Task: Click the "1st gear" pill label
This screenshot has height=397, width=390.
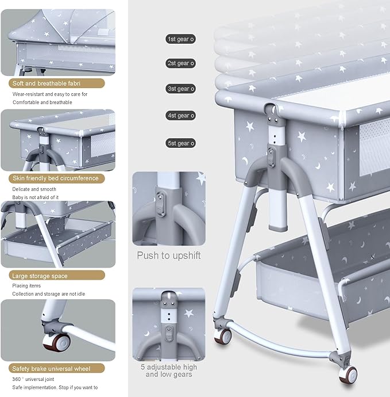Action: tap(180, 39)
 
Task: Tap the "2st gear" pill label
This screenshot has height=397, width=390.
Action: tap(180, 63)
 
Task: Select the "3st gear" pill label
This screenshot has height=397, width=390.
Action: tap(180, 89)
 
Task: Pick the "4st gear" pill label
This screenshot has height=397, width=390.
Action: tap(180, 116)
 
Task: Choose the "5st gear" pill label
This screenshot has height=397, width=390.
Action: tap(180, 143)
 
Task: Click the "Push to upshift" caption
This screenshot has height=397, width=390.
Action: tap(169, 255)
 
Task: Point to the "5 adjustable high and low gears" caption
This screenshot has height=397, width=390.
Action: tap(169, 371)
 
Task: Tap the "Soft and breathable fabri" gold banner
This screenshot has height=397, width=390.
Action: tap(57, 83)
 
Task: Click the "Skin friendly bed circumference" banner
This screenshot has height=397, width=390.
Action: tap(57, 178)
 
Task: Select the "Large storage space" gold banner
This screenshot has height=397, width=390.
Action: tap(57, 275)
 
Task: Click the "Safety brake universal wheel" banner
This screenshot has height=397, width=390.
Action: tap(57, 368)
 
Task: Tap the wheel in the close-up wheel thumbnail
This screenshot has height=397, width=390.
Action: tap(56, 342)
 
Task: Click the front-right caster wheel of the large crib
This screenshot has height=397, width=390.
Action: tap(348, 375)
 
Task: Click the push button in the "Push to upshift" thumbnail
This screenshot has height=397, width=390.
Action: tap(160, 203)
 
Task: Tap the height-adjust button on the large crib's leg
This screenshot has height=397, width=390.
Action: tap(271, 157)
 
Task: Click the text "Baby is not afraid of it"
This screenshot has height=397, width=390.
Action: tap(36, 197)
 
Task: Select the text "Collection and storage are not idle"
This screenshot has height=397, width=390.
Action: tap(48, 294)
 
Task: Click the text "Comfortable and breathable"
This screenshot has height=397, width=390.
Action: tap(42, 102)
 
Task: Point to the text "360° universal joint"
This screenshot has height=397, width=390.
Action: tap(33, 379)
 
